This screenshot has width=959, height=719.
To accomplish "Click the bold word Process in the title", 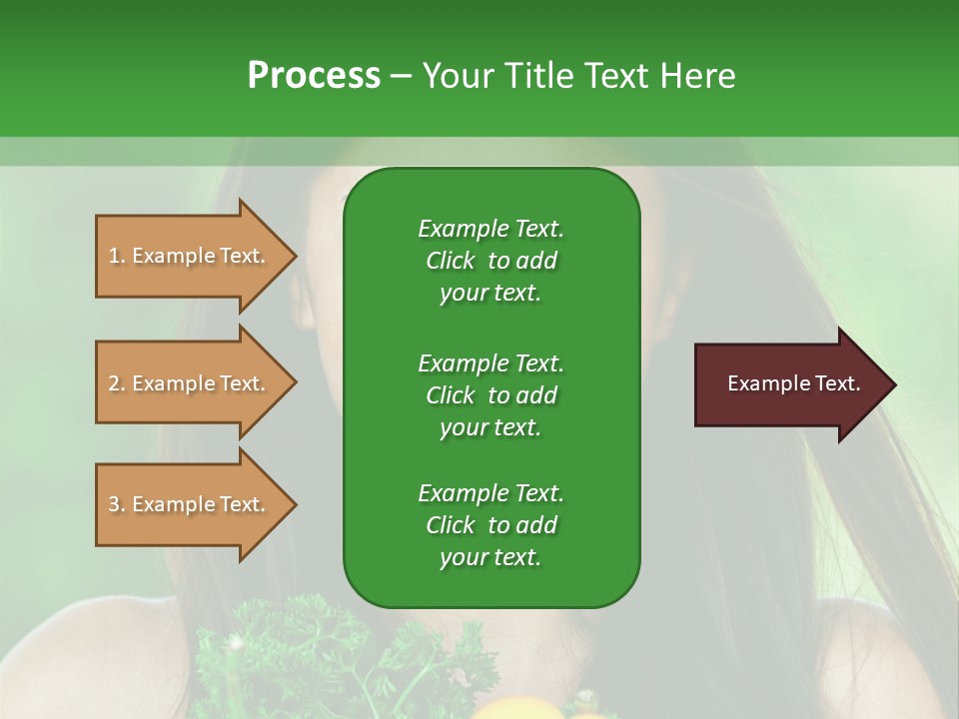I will click(314, 76).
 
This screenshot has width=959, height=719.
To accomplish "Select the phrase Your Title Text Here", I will click(579, 76).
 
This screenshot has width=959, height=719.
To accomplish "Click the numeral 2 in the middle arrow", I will click(114, 383).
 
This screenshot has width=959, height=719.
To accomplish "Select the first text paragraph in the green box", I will click(490, 261).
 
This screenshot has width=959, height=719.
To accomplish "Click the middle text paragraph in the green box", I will click(490, 394).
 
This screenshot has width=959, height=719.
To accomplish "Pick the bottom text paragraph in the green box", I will click(490, 525).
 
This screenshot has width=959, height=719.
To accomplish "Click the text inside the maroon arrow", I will click(793, 383).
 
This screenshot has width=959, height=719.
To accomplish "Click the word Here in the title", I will click(698, 76).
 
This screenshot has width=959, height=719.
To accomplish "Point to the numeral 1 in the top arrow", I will click(114, 256).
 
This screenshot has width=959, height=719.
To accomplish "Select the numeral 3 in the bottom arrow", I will click(114, 504).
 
